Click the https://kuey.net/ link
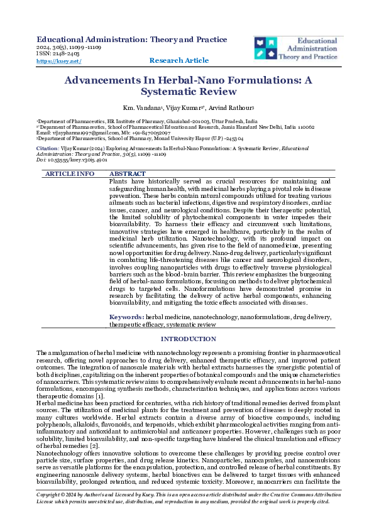coord(59,61)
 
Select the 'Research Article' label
coord(179,60)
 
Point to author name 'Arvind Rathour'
coord(220,108)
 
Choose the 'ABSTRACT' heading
coord(128,173)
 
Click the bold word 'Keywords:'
coord(127,318)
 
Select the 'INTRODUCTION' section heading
coord(187,339)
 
